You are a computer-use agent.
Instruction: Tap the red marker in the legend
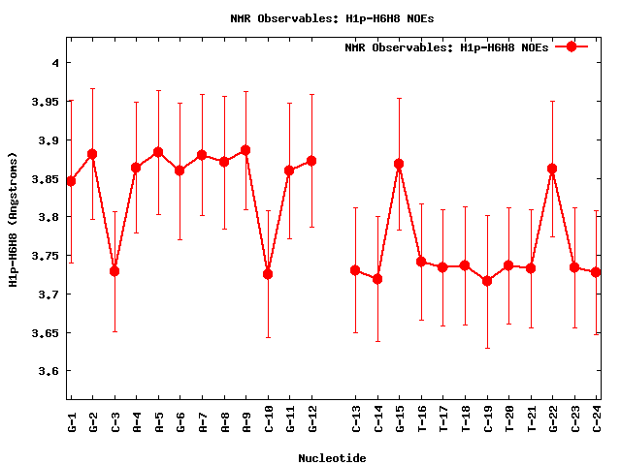tap(572, 46)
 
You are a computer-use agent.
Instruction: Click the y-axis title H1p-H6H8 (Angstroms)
tap(13, 218)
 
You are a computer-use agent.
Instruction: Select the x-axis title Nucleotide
tap(332, 457)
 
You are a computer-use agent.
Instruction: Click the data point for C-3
tap(114, 271)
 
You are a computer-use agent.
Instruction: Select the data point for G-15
tap(399, 165)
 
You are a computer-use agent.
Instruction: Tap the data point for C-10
tap(268, 274)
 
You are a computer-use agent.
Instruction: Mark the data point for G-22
tap(552, 169)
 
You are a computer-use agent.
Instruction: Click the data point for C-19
tap(487, 281)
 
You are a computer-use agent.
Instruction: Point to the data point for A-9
tap(245, 150)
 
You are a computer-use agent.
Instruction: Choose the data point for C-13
tap(355, 270)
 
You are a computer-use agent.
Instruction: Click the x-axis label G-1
tap(71, 418)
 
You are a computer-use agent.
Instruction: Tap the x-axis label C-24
tap(597, 418)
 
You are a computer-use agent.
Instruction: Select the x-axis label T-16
tap(421, 418)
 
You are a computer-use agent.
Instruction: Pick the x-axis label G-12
tap(312, 418)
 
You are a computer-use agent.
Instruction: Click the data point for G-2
tap(92, 154)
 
